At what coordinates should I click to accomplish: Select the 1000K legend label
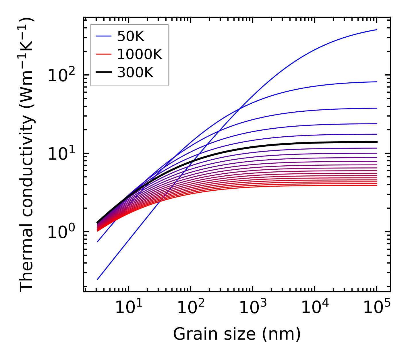(140, 54)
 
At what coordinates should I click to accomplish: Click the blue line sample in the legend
(103, 36)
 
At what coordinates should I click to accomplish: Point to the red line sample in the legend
(103, 54)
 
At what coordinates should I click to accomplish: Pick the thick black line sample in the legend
(103, 73)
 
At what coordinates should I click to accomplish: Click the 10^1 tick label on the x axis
(128, 308)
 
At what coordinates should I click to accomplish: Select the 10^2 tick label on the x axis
(191, 308)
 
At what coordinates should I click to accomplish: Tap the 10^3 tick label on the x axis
(253, 308)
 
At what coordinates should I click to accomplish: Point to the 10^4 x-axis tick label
(315, 308)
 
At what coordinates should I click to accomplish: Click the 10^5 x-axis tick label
(377, 308)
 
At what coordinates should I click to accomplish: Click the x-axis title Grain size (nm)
(237, 334)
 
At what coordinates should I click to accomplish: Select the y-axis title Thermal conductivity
(27, 155)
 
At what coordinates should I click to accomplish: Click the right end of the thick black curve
(376, 142)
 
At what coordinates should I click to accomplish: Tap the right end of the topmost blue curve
(376, 30)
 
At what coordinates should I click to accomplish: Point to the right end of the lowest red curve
(376, 185)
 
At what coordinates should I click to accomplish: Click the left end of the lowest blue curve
(98, 279)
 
